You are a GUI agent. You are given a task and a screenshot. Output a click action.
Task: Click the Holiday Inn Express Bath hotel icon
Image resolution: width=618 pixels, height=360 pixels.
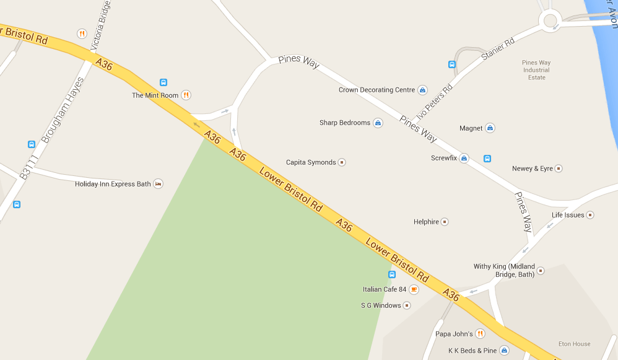coord(158,184)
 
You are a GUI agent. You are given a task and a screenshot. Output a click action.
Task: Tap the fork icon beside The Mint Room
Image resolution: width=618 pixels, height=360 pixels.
coord(186,95)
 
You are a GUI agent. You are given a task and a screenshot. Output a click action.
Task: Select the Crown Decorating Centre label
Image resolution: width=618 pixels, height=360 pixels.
coord(376,90)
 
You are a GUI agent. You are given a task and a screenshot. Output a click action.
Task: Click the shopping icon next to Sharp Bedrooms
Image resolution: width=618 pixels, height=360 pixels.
coord(378,123)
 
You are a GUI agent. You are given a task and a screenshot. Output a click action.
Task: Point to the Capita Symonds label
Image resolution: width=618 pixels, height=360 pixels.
coord(310,162)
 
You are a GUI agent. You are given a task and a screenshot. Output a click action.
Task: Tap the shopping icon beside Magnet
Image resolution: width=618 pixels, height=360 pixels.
coord(490,128)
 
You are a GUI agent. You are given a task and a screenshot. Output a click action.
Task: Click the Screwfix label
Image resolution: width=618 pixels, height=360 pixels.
coord(443,158)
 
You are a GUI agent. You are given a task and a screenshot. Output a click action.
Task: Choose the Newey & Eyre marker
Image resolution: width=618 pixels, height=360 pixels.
coord(559,169)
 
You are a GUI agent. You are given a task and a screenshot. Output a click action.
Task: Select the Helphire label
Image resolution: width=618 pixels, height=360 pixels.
coord(426,222)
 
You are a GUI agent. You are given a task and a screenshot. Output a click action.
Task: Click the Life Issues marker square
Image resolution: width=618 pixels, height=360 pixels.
coord(590,215)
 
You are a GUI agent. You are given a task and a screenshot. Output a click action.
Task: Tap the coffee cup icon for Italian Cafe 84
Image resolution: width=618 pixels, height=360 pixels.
coord(414,289)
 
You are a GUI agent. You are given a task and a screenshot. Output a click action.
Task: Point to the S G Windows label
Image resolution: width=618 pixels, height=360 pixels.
coord(381,305)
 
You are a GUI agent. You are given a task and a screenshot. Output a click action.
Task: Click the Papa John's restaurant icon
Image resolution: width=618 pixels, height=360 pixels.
coord(480,334)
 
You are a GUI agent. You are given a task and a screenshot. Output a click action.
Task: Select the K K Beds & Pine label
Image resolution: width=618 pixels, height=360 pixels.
coord(472,351)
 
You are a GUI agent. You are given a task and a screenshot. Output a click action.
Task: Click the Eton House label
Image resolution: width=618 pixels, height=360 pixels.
coord(574,344)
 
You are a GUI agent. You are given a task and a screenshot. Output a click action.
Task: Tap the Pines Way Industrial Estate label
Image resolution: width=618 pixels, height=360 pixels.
coord(536,70)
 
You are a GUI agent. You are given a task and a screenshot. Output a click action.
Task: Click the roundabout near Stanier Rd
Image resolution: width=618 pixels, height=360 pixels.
coord(550,20)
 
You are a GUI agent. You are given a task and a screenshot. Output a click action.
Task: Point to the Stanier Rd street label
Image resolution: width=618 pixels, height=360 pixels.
coord(498,50)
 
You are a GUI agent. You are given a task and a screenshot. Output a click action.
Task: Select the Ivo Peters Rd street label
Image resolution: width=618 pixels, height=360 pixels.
coord(435,102)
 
